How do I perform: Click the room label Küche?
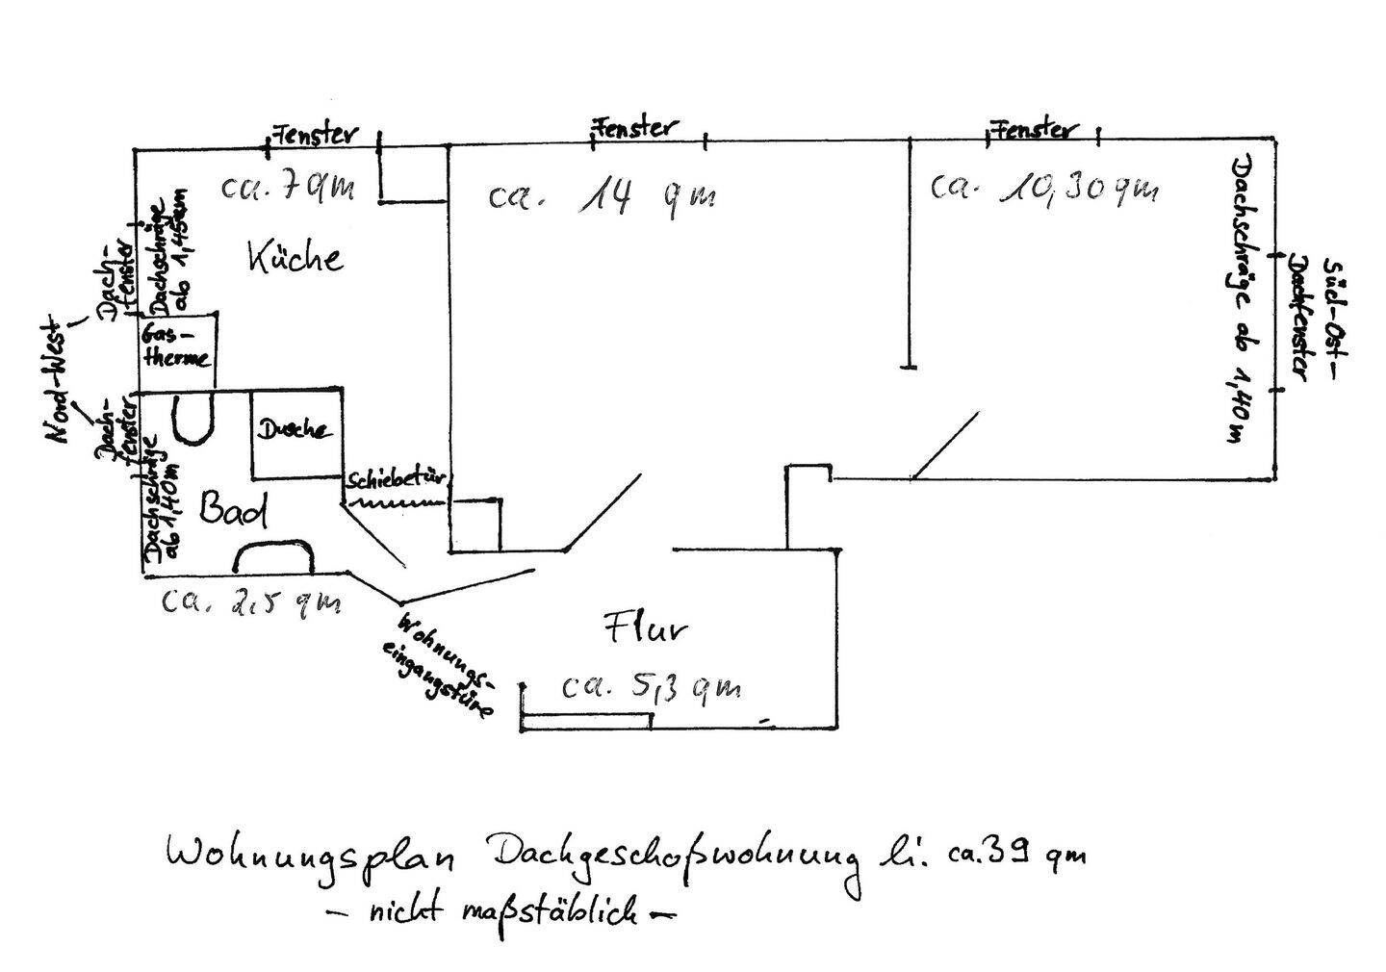(295, 258)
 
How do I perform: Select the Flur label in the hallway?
(644, 630)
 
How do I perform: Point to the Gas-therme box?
(176, 347)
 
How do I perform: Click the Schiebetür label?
(398, 478)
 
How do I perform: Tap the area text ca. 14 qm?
(601, 197)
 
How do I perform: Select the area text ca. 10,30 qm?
(1043, 189)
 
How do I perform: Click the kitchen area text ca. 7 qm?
(287, 186)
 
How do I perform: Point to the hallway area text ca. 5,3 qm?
(652, 687)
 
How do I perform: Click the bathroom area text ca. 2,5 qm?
(250, 602)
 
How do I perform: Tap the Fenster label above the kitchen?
(315, 134)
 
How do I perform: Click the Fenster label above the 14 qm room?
(635, 126)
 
